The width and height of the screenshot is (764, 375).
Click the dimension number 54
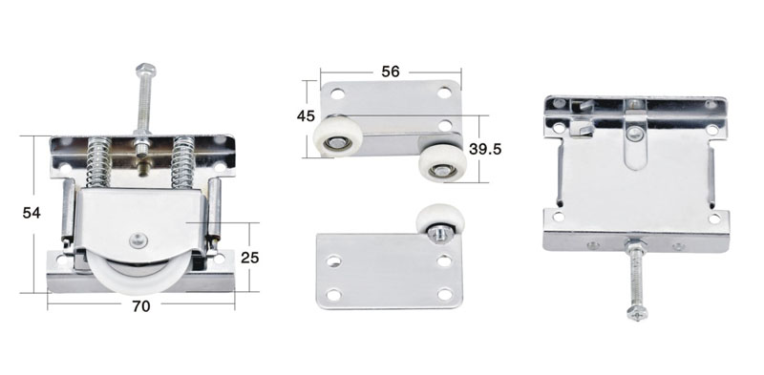point(32,213)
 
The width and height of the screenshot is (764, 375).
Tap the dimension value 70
point(141,306)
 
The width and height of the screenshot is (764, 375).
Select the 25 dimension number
point(250,258)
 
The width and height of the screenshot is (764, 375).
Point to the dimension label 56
point(391,72)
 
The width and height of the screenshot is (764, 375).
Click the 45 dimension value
point(306,116)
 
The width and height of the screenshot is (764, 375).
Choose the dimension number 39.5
point(485,149)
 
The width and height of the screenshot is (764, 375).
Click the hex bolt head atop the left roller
point(146,69)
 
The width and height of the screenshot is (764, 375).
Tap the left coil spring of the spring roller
point(99,162)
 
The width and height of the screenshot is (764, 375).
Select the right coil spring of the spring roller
point(183,162)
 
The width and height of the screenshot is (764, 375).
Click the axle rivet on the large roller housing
point(137,240)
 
